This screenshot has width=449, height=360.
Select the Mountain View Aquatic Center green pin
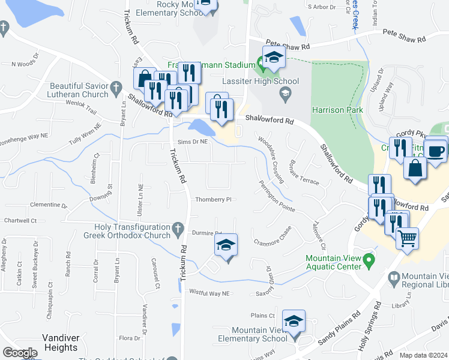(370, 260)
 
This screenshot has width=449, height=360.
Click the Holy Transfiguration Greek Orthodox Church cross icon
(177, 228)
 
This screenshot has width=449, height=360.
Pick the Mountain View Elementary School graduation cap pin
(294, 322)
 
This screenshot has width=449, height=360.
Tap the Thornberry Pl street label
(213, 200)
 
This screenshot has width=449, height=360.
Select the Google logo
(20, 353)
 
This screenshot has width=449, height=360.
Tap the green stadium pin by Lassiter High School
(261, 61)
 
